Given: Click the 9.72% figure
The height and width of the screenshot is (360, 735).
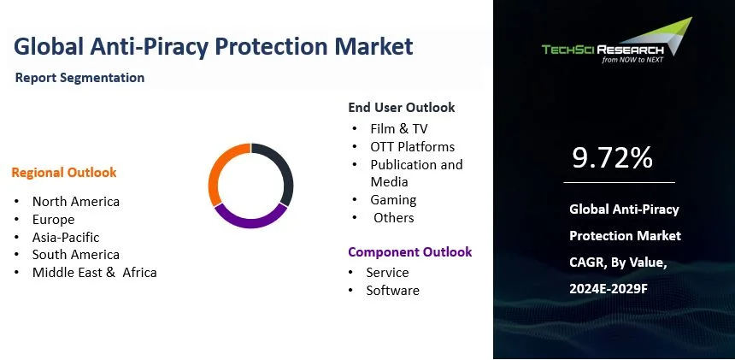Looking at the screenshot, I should coord(612,157).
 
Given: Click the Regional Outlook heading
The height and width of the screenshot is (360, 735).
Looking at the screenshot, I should coord(64,173).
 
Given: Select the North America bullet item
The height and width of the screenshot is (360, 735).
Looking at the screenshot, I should coord(76,202).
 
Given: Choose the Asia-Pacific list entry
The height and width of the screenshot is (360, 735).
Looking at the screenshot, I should coord(66,237).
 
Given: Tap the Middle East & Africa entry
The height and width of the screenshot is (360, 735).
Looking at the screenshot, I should coord(94,273).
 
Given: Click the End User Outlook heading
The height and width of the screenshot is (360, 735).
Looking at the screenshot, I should coord(401,108).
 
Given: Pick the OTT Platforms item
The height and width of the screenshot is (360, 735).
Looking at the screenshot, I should coord(412,147).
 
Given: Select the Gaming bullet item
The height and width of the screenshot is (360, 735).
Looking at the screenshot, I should coord(393,200).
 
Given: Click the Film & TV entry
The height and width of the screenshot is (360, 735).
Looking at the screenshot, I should coord(399,129).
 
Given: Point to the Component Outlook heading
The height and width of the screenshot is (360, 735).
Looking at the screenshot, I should coord(409,252).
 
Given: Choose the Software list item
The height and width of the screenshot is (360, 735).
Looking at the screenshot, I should coord(392,291).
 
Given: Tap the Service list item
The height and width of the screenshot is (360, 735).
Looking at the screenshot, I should coord(387,273).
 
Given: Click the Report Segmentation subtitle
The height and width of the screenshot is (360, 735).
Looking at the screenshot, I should coord(79,78).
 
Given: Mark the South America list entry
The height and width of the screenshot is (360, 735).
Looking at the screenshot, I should coord(76,255).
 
